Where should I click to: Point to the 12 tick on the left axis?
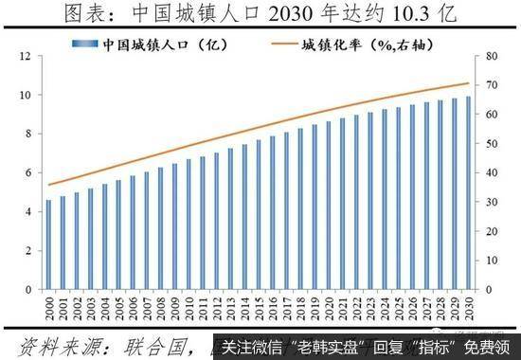coord(26,58)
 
